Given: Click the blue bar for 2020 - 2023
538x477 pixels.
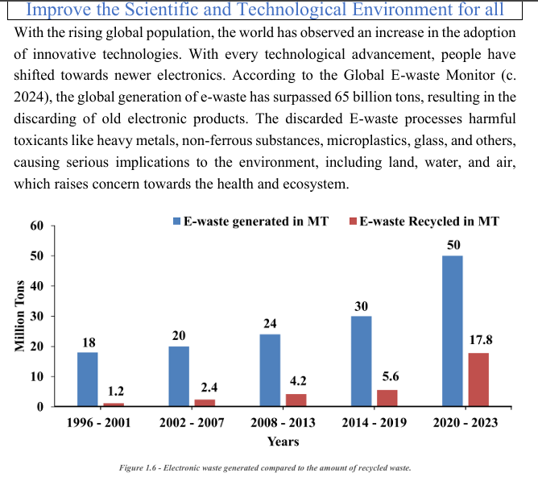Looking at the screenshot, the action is pyautogui.click(x=452, y=331).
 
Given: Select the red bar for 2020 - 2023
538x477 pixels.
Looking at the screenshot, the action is pyautogui.click(x=478, y=380).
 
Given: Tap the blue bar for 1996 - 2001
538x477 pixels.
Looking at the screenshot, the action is pyautogui.click(x=88, y=380).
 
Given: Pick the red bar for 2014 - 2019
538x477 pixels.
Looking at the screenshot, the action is pyautogui.click(x=387, y=398).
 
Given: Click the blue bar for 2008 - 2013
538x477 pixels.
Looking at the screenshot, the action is pyautogui.click(x=270, y=371).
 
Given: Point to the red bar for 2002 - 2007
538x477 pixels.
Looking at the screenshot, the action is pyautogui.click(x=205, y=403).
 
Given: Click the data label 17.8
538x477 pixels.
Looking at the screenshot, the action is pyautogui.click(x=481, y=340).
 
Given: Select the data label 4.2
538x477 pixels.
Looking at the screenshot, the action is pyautogui.click(x=298, y=381).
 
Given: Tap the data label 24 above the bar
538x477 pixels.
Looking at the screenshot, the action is pyautogui.click(x=270, y=323).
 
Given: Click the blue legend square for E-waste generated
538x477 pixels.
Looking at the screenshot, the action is pyautogui.click(x=176, y=222).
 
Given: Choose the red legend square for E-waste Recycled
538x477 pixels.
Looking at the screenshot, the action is pyautogui.click(x=353, y=222).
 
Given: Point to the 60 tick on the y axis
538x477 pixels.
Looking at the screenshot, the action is pyautogui.click(x=37, y=226).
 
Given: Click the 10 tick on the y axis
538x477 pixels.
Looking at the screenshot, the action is pyautogui.click(x=37, y=377).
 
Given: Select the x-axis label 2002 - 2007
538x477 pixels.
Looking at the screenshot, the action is pyautogui.click(x=192, y=422).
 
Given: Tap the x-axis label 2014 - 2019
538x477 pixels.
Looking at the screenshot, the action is pyautogui.click(x=375, y=422).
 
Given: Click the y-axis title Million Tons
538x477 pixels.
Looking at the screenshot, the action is pyautogui.click(x=20, y=316).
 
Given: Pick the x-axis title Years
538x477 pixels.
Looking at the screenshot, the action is pyautogui.click(x=283, y=442).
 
